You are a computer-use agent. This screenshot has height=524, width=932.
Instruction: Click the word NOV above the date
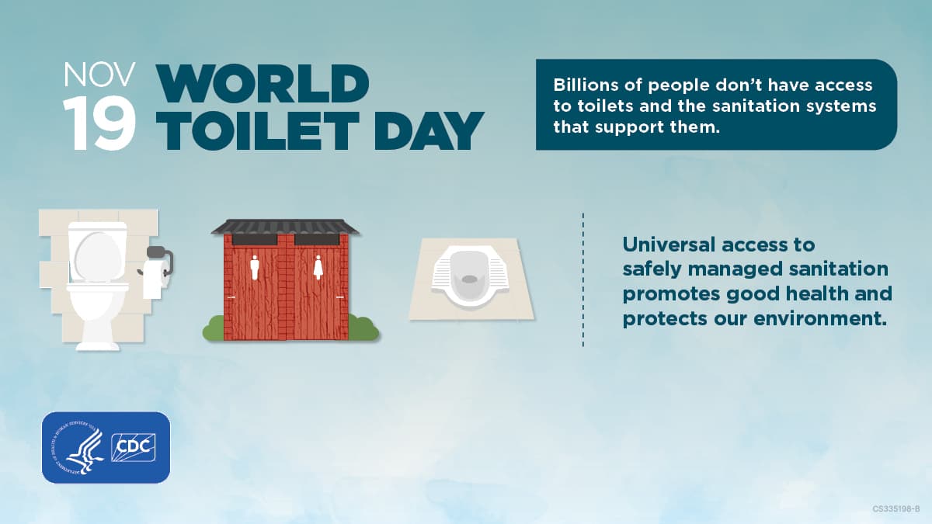point(99,75)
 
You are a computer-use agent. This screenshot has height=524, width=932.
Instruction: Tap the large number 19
point(99,124)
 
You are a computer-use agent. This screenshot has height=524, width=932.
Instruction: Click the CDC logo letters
point(133,447)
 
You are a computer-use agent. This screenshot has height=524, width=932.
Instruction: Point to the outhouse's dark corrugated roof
point(285,226)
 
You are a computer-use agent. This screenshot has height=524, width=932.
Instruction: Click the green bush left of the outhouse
point(213,329)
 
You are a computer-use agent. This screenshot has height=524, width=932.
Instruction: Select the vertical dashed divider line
point(582,279)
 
